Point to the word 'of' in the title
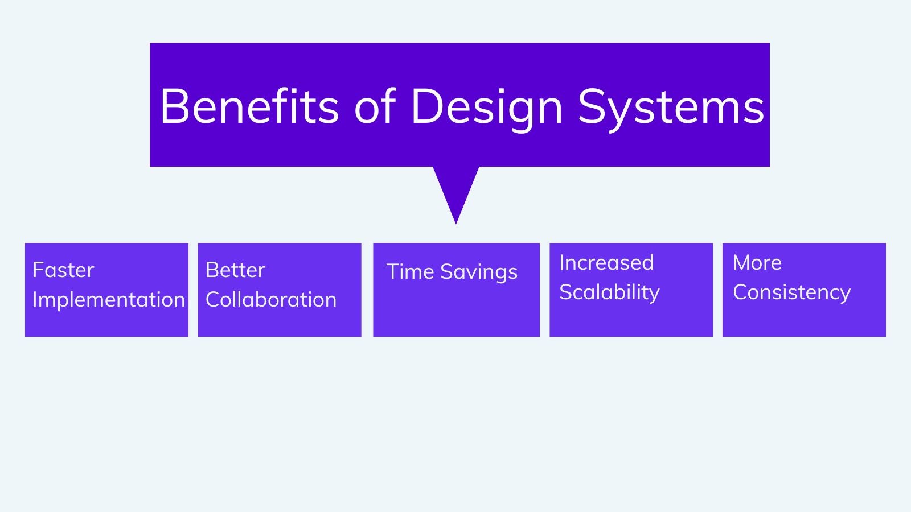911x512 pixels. click(x=375, y=105)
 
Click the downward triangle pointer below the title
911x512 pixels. click(x=456, y=191)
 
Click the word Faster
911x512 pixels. click(x=63, y=270)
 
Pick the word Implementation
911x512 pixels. click(x=109, y=300)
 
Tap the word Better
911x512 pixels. click(x=236, y=270)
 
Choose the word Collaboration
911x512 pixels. click(x=271, y=299)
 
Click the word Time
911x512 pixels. click(x=411, y=271)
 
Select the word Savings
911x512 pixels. click(x=479, y=272)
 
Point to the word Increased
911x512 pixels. click(x=607, y=262)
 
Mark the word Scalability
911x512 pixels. click(x=610, y=293)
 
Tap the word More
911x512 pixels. click(x=757, y=263)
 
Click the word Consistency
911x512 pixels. click(x=792, y=293)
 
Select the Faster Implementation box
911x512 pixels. click(x=106, y=290)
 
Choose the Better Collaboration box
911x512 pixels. click(x=280, y=290)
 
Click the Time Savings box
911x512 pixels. click(x=456, y=290)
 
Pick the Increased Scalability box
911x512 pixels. click(x=631, y=290)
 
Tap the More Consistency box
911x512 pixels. click(x=804, y=290)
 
